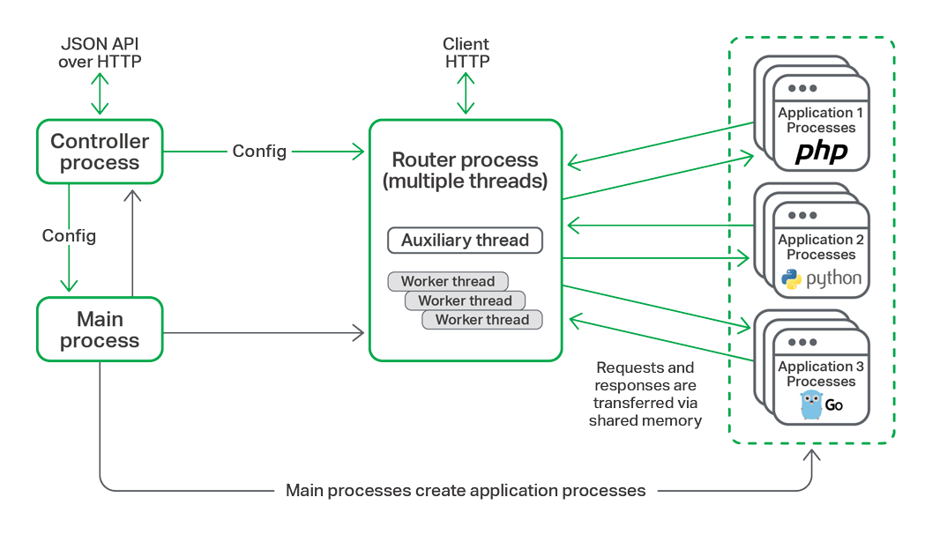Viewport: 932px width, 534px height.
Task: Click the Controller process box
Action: [100, 152]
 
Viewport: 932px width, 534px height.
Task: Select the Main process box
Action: [100, 330]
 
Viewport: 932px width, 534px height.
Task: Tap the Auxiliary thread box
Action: [465, 241]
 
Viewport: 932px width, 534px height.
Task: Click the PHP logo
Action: [821, 152]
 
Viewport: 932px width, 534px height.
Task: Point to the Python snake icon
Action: [792, 279]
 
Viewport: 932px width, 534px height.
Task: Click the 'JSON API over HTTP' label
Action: [100, 53]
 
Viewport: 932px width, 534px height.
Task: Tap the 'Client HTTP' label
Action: [466, 53]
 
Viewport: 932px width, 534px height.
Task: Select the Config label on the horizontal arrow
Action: [259, 152]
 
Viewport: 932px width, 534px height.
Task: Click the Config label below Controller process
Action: [69, 236]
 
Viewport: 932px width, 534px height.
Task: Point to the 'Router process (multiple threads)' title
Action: [465, 170]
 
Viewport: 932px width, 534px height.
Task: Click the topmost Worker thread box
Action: [448, 282]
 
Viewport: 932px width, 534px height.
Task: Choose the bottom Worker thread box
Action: [482, 320]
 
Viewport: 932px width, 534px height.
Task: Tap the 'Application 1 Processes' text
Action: [821, 120]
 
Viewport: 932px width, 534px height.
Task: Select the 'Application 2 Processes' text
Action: [821, 247]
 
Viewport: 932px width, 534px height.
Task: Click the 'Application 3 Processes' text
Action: [821, 374]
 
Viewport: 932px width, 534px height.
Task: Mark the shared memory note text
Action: [645, 395]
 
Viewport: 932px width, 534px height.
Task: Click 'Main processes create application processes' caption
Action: [466, 491]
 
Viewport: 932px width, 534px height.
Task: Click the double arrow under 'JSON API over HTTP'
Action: [100, 94]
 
